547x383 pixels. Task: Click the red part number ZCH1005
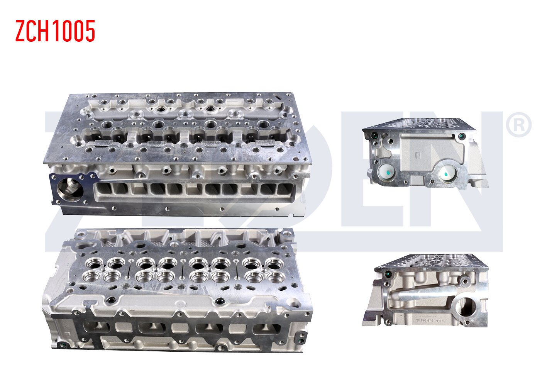pyautogui.click(x=55, y=31)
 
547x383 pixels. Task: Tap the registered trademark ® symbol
pyautogui.click(x=518, y=124)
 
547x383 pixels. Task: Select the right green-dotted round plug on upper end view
pyautogui.click(x=449, y=174)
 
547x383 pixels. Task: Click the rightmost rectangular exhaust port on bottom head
pyautogui.click(x=266, y=329)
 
